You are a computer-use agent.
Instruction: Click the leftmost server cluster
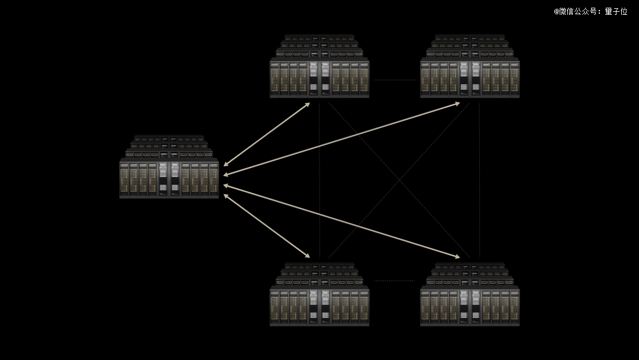coord(169,167)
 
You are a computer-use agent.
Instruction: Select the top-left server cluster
coord(319,66)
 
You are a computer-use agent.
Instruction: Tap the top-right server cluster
coord(470,66)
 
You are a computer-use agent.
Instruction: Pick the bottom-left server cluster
coord(319,294)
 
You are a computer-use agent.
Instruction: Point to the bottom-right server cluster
coord(470,294)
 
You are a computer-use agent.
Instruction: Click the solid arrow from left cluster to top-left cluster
coord(266,134)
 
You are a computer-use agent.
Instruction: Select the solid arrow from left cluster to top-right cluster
coord(341,139)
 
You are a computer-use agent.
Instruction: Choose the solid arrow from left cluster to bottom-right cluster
coord(341,221)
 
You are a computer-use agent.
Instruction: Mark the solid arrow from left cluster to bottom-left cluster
coord(266,226)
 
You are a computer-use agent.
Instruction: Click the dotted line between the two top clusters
coord(395,80)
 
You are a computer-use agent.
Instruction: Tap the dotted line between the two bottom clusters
coord(395,281)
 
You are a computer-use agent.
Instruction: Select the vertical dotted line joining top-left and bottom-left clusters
coord(319,180)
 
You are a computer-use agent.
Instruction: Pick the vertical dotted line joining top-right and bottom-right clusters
coord(479,180)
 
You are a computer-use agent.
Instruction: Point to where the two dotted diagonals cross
coord(399,180)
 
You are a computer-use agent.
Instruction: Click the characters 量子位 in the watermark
coord(616,11)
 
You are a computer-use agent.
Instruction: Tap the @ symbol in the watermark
coord(556,12)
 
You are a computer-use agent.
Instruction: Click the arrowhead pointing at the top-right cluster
coord(457,104)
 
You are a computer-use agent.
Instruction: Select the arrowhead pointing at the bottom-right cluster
coord(457,256)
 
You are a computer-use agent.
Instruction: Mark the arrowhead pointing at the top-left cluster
coord(308,105)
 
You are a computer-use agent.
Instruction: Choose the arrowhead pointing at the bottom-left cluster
coord(308,256)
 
